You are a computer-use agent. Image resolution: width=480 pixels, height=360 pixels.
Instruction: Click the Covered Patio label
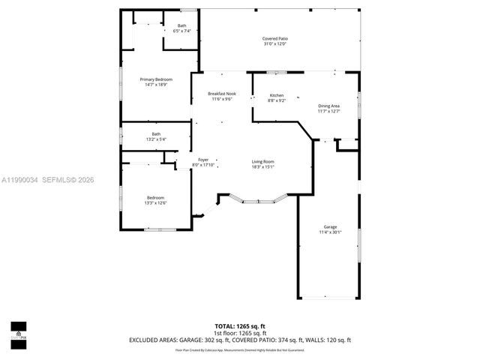pyautogui.click(x=274, y=38)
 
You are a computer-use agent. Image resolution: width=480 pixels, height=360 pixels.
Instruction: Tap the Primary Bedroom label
pyautogui.click(x=156, y=79)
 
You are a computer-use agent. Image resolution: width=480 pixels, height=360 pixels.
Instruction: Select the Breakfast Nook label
pyautogui.click(x=221, y=94)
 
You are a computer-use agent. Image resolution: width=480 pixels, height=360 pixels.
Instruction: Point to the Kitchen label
pyautogui.click(x=276, y=95)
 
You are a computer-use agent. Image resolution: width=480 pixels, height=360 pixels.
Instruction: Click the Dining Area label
pyautogui.click(x=328, y=106)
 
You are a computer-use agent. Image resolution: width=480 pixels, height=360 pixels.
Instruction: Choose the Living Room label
pyautogui.click(x=262, y=162)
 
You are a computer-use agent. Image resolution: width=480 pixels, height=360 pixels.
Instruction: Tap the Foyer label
pyautogui.click(x=203, y=160)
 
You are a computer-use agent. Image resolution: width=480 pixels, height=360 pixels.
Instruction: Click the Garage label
pyautogui.click(x=330, y=226)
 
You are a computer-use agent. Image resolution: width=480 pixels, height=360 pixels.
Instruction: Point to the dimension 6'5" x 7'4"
pyautogui.click(x=182, y=31)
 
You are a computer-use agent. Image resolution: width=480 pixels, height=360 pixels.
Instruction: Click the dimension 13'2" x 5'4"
pyautogui.click(x=155, y=139)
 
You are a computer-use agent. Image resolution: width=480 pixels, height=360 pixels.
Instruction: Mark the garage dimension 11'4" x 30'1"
pyautogui.click(x=330, y=232)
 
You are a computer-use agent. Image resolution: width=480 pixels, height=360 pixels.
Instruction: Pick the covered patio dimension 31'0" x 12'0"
pyautogui.click(x=274, y=44)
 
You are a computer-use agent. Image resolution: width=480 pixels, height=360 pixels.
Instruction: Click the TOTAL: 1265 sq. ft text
pyautogui.click(x=240, y=326)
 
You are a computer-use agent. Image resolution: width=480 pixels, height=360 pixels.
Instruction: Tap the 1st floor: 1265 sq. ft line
pyautogui.click(x=240, y=333)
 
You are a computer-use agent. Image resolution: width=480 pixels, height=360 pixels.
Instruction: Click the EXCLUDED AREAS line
pyautogui.click(x=240, y=340)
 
